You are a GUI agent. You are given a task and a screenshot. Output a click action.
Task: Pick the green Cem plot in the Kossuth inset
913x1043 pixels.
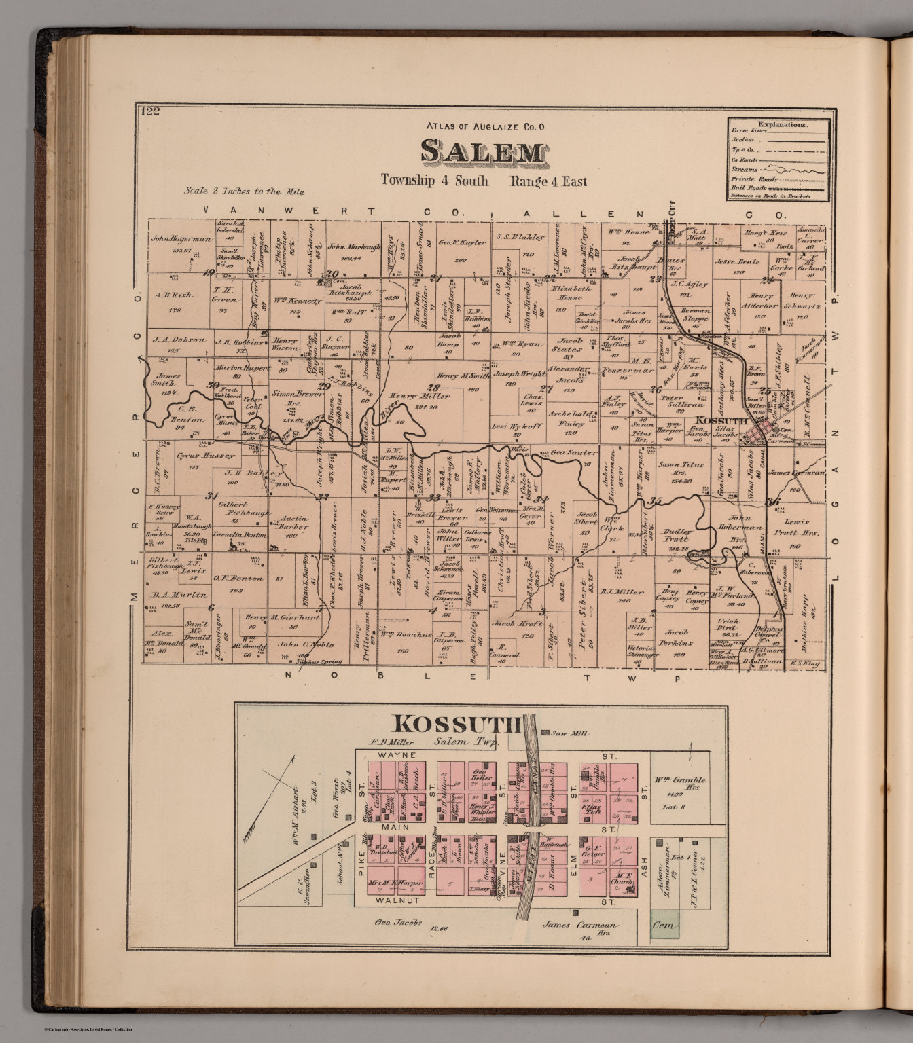coord(663,926)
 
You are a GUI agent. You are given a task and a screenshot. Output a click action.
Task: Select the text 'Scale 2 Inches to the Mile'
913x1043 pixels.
coord(244,191)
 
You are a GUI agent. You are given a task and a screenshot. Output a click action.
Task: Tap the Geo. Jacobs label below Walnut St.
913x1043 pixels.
coord(398,923)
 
